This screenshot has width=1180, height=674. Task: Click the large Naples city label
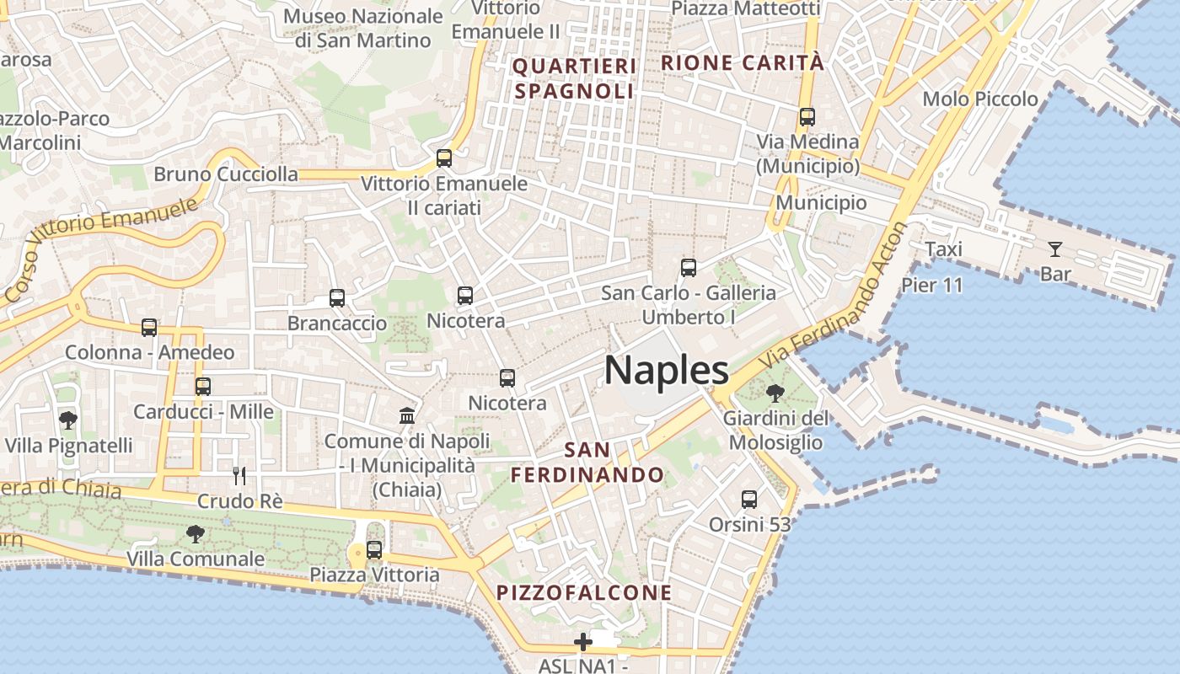coord(667,370)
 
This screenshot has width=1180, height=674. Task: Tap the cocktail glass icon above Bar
coord(1054,249)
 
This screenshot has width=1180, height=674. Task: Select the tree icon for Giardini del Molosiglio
coord(775,393)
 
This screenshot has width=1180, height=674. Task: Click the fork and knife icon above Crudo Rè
coord(240,476)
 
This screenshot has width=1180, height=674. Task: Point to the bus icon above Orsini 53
coord(749,499)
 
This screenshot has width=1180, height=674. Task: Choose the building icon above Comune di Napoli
coord(407,415)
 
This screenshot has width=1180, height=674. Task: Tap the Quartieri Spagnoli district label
coord(574,78)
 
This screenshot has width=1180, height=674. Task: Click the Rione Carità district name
coord(742,62)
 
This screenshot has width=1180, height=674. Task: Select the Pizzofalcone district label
coord(584,592)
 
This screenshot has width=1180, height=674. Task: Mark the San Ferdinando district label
coord(587,462)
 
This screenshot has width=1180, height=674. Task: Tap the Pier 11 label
coord(932,285)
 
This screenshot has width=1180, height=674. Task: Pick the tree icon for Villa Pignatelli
coord(67,420)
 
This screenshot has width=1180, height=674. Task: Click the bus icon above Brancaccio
coord(337,297)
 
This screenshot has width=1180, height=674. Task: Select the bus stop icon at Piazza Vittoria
coord(374,550)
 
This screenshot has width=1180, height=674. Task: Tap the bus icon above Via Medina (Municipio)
coord(807,117)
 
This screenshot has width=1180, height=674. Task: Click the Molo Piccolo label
coord(980,99)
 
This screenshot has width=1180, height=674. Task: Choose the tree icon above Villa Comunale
coord(196,533)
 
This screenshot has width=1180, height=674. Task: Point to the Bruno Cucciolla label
coord(226,174)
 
